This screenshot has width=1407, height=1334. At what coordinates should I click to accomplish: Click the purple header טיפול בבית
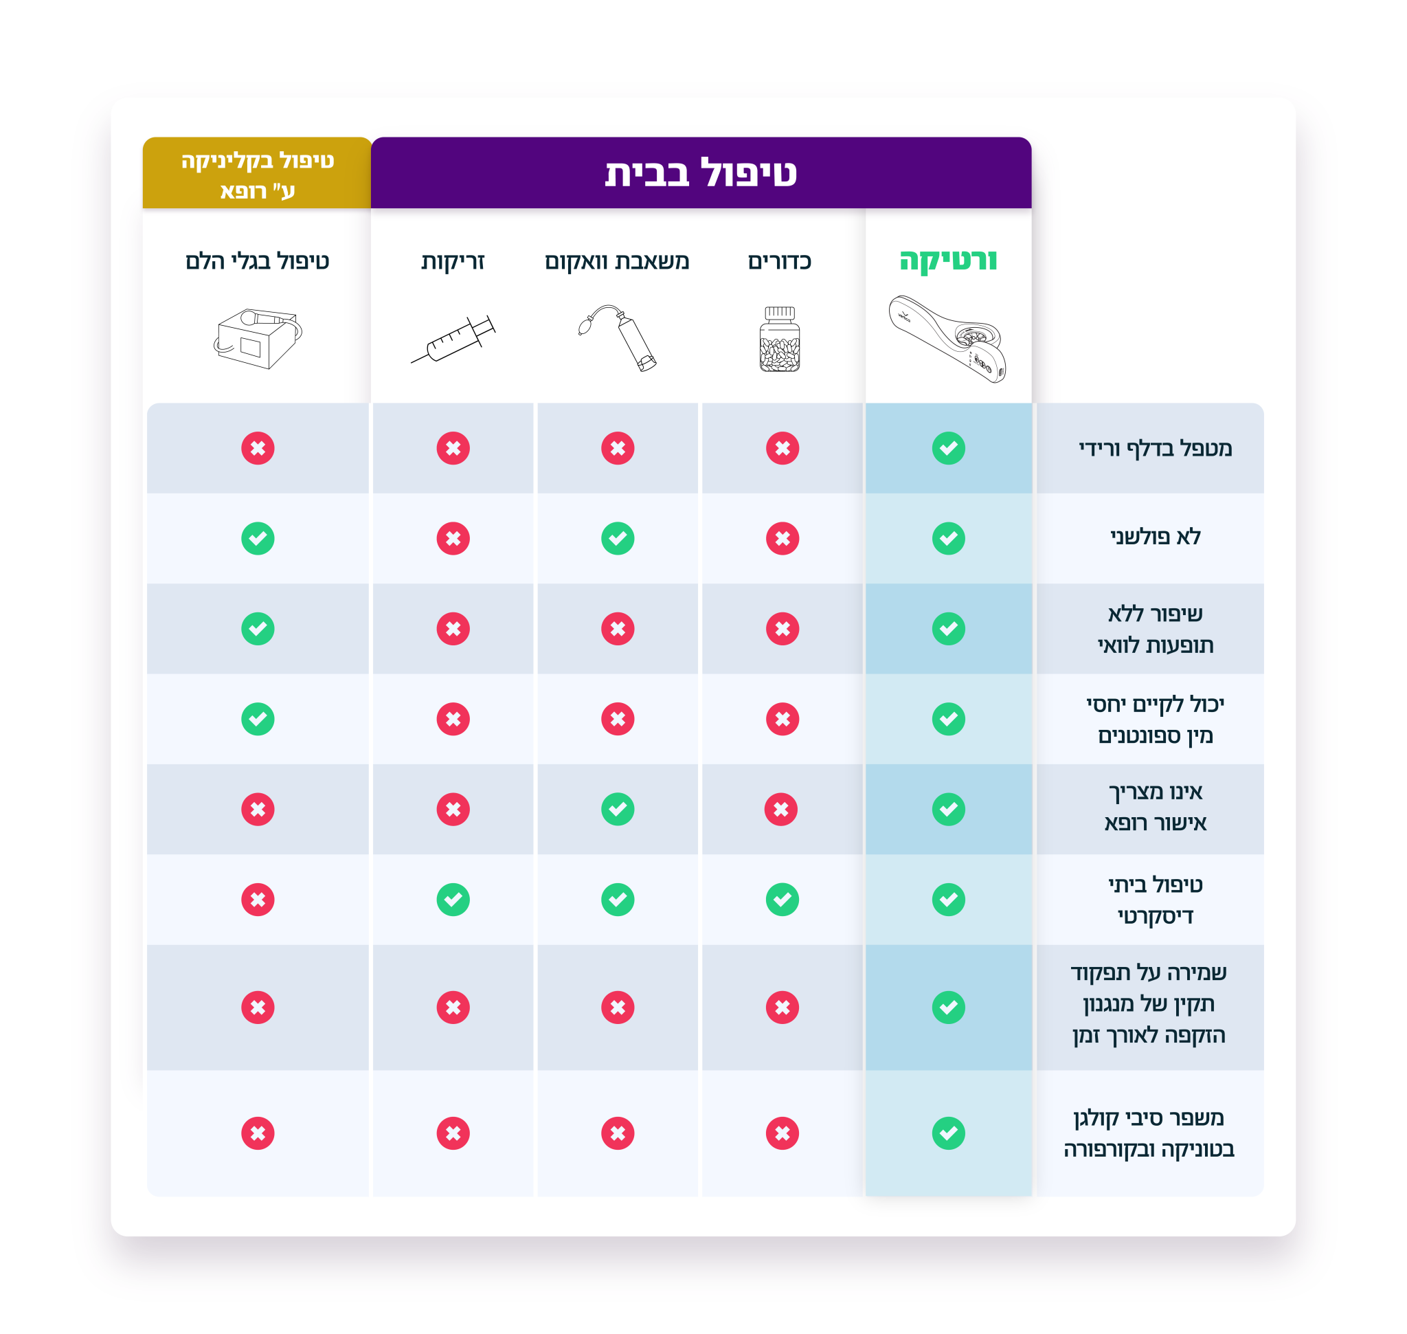[x=700, y=173]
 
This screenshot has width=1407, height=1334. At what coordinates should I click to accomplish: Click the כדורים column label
[x=780, y=262]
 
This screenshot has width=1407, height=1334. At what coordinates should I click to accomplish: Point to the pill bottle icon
[x=780, y=340]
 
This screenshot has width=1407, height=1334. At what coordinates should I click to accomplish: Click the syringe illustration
[x=453, y=340]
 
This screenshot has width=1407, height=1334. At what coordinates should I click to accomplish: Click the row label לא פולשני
[x=1156, y=537]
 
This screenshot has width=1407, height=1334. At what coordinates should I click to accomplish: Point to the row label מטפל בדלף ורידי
[x=1156, y=449]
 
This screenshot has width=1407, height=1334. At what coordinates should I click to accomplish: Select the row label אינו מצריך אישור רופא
[x=1156, y=808]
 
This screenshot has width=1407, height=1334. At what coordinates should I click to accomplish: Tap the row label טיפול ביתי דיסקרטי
[x=1156, y=900]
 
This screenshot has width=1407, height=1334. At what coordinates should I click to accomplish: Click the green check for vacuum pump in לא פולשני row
[x=618, y=538]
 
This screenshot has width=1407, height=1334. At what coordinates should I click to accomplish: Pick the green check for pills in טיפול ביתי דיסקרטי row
[x=782, y=900]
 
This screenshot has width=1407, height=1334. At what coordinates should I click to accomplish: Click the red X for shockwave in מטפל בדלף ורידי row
[x=258, y=448]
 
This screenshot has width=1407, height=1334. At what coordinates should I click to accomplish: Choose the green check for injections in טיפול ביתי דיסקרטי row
[x=453, y=900]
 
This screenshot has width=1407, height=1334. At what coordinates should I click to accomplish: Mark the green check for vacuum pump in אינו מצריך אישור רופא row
[x=618, y=809]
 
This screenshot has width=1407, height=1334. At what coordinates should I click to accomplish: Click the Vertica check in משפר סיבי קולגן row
[x=949, y=1133]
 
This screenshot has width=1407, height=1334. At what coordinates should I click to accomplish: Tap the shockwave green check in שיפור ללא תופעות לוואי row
[x=258, y=629]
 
